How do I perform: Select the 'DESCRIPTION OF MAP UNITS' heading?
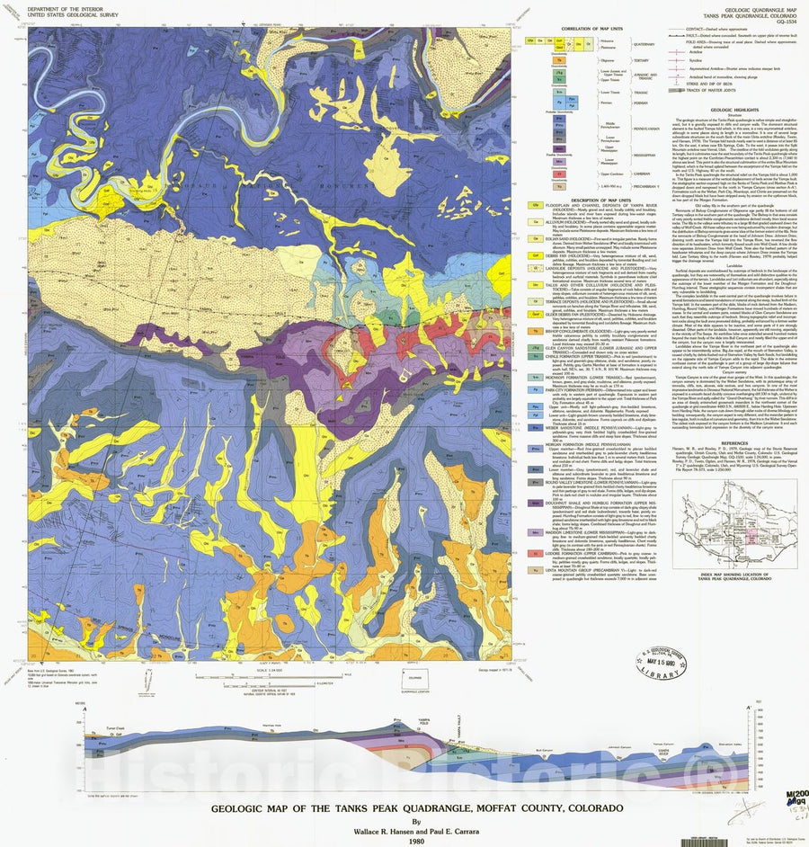tap(587, 199)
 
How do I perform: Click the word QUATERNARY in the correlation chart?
tap(643, 44)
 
